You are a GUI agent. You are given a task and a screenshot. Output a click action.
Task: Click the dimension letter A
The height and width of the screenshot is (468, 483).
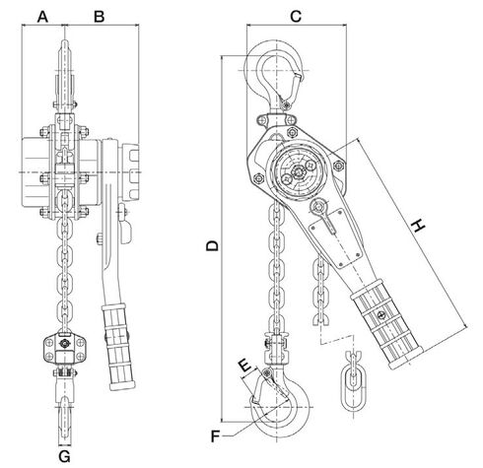point(42,17)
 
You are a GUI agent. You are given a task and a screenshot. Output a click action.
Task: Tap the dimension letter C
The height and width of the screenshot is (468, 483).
point(297,17)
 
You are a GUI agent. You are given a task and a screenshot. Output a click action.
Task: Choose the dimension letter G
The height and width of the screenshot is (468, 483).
point(65,456)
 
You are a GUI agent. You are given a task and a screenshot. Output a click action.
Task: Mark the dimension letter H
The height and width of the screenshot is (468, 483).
point(420,227)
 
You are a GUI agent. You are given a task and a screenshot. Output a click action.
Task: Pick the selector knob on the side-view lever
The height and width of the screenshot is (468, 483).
point(321,208)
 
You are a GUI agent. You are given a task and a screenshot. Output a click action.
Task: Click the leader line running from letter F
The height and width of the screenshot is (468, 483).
point(241,429)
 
